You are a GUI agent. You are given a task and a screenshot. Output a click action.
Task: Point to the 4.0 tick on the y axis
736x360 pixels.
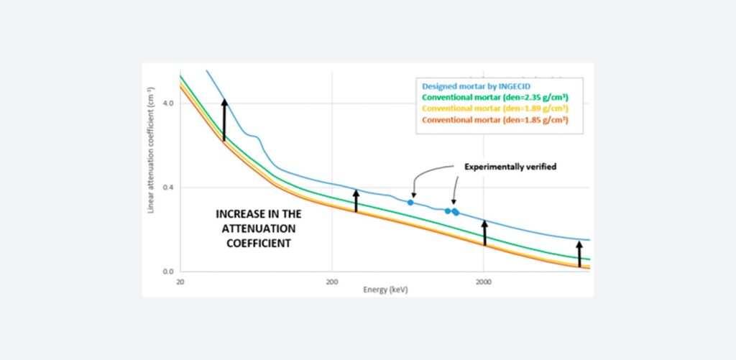(169, 103)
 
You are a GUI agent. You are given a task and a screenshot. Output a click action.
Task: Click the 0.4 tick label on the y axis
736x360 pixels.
(169, 188)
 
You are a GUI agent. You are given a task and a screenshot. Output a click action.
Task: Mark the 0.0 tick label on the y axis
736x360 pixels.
(169, 272)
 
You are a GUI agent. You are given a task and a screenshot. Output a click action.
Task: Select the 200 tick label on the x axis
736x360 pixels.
(332, 282)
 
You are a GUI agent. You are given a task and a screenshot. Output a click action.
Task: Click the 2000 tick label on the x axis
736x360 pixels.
(484, 282)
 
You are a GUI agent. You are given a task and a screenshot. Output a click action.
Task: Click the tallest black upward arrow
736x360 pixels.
(224, 119)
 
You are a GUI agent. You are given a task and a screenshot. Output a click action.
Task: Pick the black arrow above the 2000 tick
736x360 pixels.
(484, 233)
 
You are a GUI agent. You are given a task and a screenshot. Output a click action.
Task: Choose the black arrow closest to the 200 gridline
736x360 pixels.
(356, 200)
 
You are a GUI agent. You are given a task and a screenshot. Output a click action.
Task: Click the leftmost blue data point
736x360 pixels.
(410, 203)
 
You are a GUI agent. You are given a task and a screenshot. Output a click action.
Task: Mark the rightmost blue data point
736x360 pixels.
(456, 212)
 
